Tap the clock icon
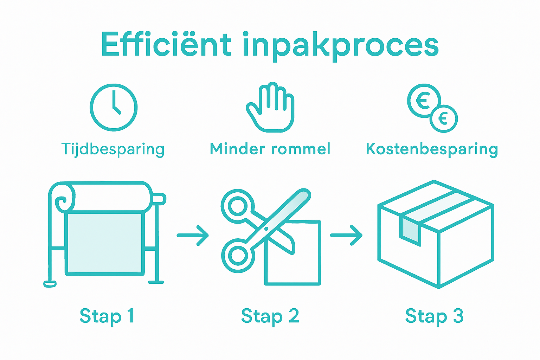(114, 107)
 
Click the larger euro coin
(424, 101)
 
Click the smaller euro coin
(444, 118)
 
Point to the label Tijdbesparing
(113, 149)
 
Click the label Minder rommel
(270, 149)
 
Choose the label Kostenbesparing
(432, 149)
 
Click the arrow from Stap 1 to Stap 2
(193, 235)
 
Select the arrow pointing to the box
(346, 235)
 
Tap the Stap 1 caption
(107, 316)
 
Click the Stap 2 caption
(270, 316)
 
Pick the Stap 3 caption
(434, 316)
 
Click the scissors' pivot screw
(266, 229)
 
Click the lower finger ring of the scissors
(237, 256)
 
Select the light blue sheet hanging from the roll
(104, 243)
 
